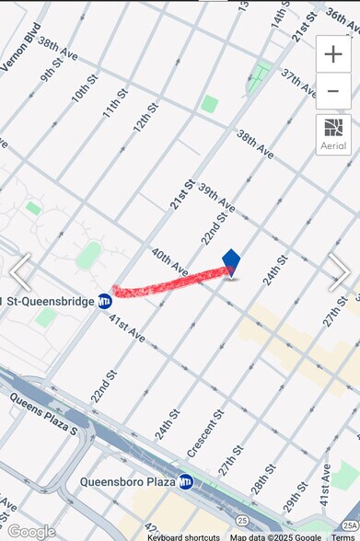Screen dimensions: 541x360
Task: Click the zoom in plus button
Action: click(333, 54)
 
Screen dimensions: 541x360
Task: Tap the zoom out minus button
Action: click(333, 91)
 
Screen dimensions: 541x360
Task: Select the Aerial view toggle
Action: click(333, 133)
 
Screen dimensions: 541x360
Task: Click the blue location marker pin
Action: click(231, 263)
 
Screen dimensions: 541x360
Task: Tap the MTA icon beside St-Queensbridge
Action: click(105, 301)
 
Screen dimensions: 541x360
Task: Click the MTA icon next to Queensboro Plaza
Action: click(186, 481)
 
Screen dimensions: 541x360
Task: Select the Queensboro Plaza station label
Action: click(128, 481)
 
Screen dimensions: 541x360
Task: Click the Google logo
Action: click(30, 531)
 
